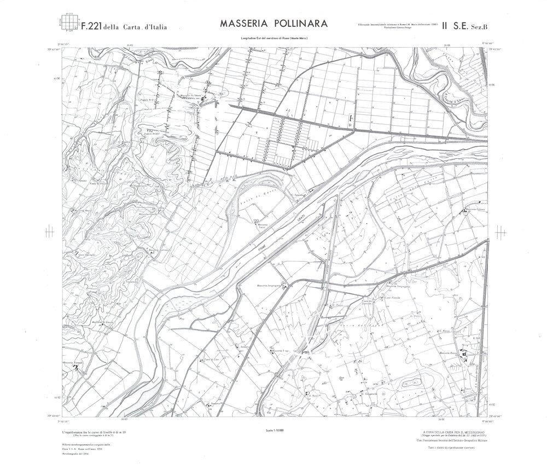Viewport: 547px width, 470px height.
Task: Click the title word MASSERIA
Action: click(243, 25)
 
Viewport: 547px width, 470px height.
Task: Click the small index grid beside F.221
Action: click(68, 22)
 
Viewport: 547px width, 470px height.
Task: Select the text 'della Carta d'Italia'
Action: click(137, 26)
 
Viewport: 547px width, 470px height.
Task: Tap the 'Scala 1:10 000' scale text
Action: click(273, 432)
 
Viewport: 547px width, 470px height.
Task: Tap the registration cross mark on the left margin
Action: click(50, 233)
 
